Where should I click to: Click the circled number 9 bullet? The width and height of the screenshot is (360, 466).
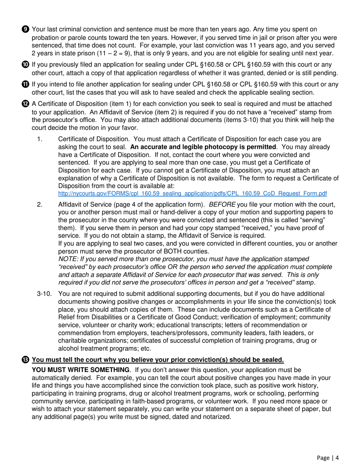tap(25, 29)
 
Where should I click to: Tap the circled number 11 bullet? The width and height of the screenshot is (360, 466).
tap(25, 84)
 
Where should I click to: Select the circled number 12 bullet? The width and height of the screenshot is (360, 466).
tap(25, 104)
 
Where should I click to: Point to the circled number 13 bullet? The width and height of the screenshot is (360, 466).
tap(25, 360)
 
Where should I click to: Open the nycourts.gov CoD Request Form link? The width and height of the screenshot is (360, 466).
tap(192, 194)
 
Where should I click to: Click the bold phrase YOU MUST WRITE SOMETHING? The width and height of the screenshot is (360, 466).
tap(81, 369)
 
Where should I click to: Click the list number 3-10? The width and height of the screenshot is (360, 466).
tap(44, 294)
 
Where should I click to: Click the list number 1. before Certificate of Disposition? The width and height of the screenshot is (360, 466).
tap(40, 139)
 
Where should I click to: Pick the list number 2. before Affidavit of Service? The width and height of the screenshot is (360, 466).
tap(40, 205)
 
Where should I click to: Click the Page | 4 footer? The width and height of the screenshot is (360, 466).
tap(328, 458)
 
